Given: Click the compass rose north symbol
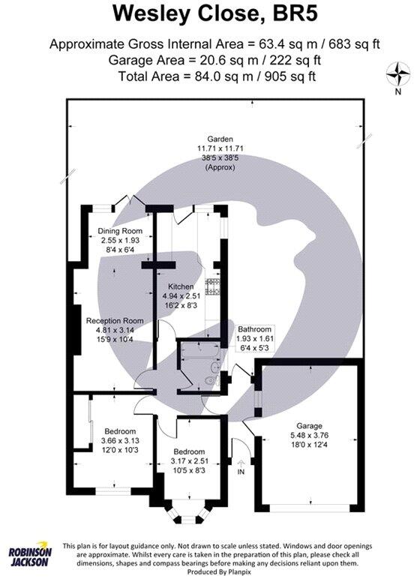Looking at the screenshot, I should pos(397,75).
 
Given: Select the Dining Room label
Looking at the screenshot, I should pos(120,231).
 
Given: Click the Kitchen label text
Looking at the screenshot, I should pos(181,286).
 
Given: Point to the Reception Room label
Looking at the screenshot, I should pos(115,320).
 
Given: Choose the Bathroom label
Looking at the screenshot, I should pos(253,329).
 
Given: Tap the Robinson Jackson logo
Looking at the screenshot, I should pos(30,556).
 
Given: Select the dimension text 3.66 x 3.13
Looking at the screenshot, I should pos(119,442).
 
